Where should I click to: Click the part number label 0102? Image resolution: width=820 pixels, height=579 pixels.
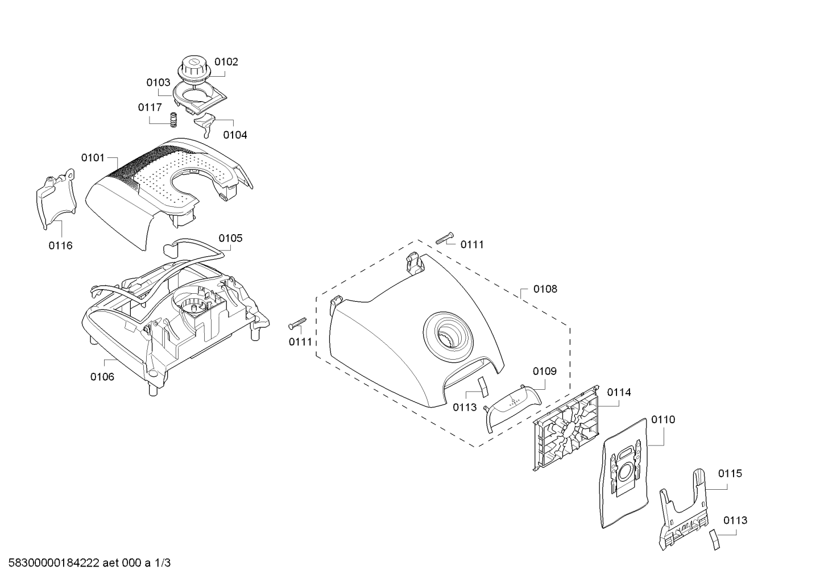pyautogui.click(x=226, y=62)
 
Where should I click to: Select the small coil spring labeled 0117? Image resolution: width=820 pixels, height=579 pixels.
pyautogui.click(x=173, y=119)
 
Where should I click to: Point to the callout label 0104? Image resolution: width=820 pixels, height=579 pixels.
pyautogui.click(x=235, y=135)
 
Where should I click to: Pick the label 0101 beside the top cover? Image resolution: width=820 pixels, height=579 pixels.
pyautogui.click(x=93, y=158)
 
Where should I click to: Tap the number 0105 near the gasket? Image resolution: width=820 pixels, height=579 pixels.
pyautogui.click(x=230, y=238)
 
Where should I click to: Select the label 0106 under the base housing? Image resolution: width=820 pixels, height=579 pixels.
pyautogui.click(x=102, y=377)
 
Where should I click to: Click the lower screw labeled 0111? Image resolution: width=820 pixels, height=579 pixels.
pyautogui.click(x=297, y=323)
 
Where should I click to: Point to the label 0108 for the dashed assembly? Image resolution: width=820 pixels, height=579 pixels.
pyautogui.click(x=545, y=289)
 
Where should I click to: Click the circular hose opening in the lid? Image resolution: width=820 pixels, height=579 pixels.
pyautogui.click(x=448, y=336)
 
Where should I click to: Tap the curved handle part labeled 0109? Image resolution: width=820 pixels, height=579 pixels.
pyautogui.click(x=512, y=408)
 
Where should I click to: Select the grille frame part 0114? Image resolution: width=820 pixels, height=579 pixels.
pyautogui.click(x=566, y=428)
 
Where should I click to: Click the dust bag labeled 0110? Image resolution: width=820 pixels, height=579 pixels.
pyautogui.click(x=626, y=473)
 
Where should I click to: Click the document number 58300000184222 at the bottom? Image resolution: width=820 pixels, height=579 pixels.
pyautogui.click(x=54, y=563)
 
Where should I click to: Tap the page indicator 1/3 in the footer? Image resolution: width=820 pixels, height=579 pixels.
pyautogui.click(x=163, y=563)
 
